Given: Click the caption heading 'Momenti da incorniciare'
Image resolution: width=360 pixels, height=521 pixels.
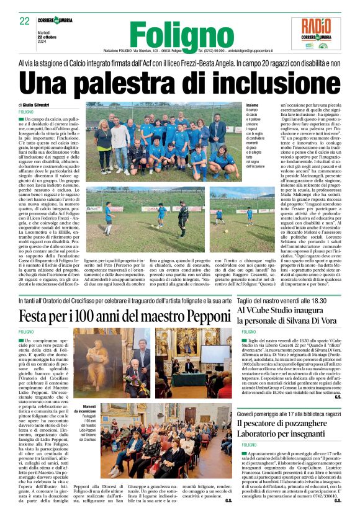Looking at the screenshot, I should point(85,409).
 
